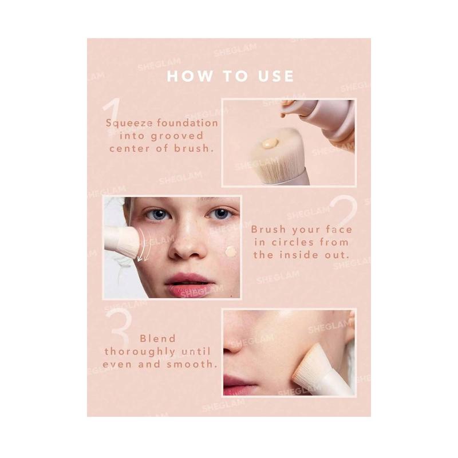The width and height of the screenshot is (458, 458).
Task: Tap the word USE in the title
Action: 276,76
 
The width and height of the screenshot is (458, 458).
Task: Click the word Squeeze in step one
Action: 129,123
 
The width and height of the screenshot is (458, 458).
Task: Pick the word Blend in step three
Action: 158,338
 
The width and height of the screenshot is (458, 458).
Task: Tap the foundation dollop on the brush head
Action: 270,143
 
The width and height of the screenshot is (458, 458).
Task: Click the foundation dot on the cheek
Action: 231,251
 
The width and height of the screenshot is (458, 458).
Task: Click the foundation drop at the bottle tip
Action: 282,115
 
